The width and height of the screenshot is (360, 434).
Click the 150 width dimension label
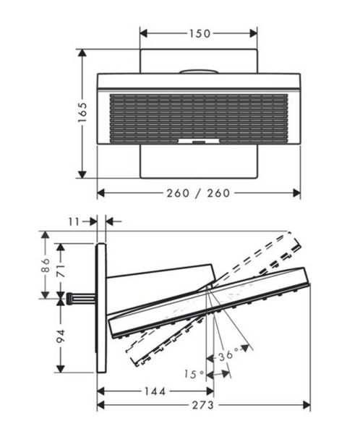[200, 34]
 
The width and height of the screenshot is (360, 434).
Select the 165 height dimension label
[82, 112]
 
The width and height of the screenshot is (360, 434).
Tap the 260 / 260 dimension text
[198, 193]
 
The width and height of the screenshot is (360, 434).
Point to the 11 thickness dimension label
[74, 221]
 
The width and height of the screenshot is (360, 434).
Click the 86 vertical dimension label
[45, 265]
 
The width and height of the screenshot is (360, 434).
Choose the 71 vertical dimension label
[61, 271]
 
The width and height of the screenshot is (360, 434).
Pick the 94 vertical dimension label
[61, 336]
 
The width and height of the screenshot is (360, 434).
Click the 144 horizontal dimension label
[155, 391]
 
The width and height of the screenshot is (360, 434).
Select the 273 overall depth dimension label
[203, 405]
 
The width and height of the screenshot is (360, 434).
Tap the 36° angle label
[228, 355]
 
